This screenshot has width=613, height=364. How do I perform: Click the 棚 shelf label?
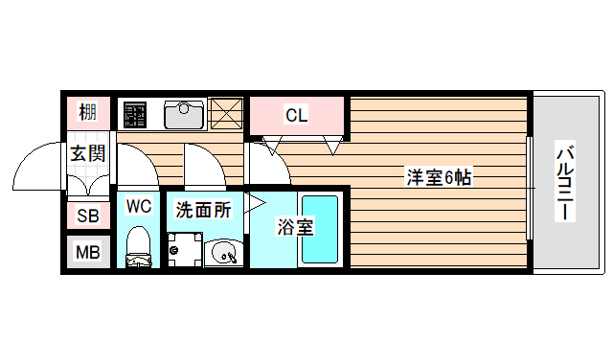point(88,113)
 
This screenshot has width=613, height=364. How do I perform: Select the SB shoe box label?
point(88,216)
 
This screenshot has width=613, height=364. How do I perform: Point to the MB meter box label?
point(88,253)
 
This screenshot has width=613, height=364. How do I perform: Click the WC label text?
point(139,206)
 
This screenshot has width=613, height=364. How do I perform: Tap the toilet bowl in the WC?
point(139,246)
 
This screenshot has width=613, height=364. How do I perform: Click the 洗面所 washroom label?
point(203,210)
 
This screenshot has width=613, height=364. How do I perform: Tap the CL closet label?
point(296,116)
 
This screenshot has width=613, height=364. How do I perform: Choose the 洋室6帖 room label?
point(438,177)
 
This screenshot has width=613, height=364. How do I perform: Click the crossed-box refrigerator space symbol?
point(226,115)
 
